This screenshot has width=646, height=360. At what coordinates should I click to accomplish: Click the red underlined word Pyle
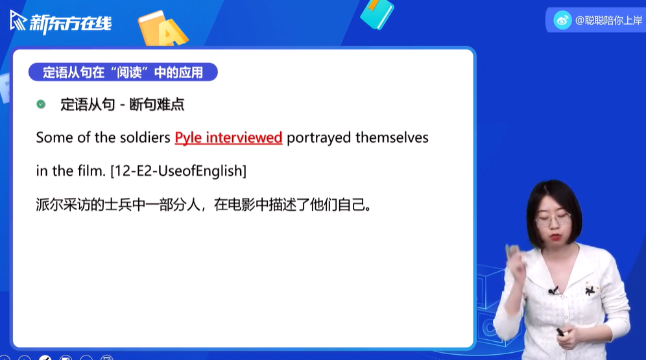187,138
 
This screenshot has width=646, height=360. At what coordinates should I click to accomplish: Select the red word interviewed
244,138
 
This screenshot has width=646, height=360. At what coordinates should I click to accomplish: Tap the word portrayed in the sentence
318,138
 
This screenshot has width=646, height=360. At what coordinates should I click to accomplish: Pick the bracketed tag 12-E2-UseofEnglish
178,171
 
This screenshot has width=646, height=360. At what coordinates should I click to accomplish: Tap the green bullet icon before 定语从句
41,104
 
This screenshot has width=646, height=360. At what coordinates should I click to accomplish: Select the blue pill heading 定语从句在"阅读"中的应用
123,72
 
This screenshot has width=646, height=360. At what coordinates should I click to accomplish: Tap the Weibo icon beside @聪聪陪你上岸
562,20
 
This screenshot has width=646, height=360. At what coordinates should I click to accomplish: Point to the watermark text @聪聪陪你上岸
608,20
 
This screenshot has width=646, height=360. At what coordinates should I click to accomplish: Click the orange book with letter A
162,29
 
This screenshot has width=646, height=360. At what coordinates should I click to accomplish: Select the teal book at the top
377,14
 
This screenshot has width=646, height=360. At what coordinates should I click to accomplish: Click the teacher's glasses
554,219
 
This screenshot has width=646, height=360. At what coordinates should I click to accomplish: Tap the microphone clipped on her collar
553,291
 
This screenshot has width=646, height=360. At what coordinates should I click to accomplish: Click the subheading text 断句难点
157,104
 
